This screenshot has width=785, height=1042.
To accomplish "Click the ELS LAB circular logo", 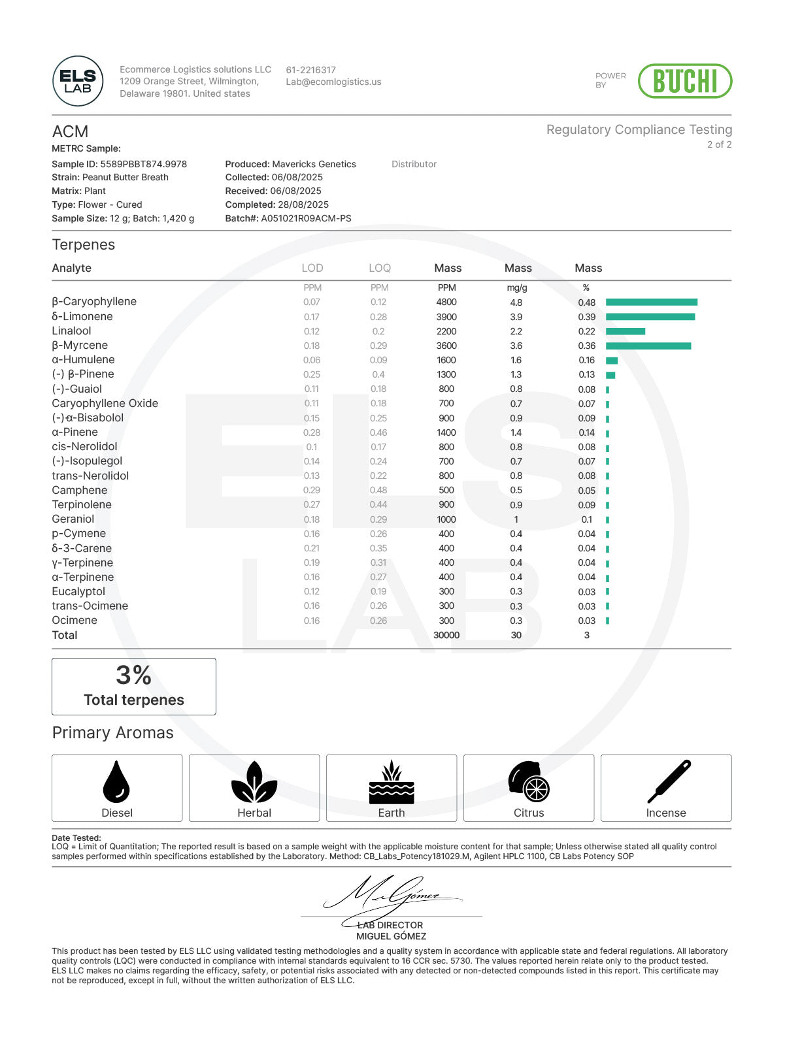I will click(x=78, y=81).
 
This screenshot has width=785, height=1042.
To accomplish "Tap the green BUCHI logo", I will click(x=684, y=81).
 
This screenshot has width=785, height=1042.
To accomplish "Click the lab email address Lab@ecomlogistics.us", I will click(x=333, y=82).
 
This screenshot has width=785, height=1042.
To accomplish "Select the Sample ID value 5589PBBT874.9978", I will click(x=143, y=164).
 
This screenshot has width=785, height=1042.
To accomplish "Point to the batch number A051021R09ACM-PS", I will click(x=306, y=218).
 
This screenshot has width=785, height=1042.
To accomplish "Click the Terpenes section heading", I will click(x=84, y=245).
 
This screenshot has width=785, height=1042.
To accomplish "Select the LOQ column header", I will click(x=379, y=268).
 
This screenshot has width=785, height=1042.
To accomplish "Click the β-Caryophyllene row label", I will click(x=94, y=302).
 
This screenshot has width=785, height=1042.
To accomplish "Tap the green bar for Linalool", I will click(x=625, y=331).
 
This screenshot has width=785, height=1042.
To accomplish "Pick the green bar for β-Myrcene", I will click(x=648, y=346).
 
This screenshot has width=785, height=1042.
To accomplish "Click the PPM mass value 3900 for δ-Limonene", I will click(x=446, y=317).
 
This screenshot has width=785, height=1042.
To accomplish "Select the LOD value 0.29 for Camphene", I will click(x=312, y=490).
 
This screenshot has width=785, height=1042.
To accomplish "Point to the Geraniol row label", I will click(x=73, y=519).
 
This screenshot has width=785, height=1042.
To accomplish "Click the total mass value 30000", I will click(x=446, y=635).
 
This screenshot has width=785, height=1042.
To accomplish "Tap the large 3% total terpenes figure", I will click(x=133, y=676).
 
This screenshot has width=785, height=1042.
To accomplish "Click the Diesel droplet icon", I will click(x=116, y=781).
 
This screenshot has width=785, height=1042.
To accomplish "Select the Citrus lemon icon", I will click(x=528, y=781).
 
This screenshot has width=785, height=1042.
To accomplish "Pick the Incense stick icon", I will click(x=669, y=781).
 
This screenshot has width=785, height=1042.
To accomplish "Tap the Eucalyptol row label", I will click(x=78, y=591).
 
